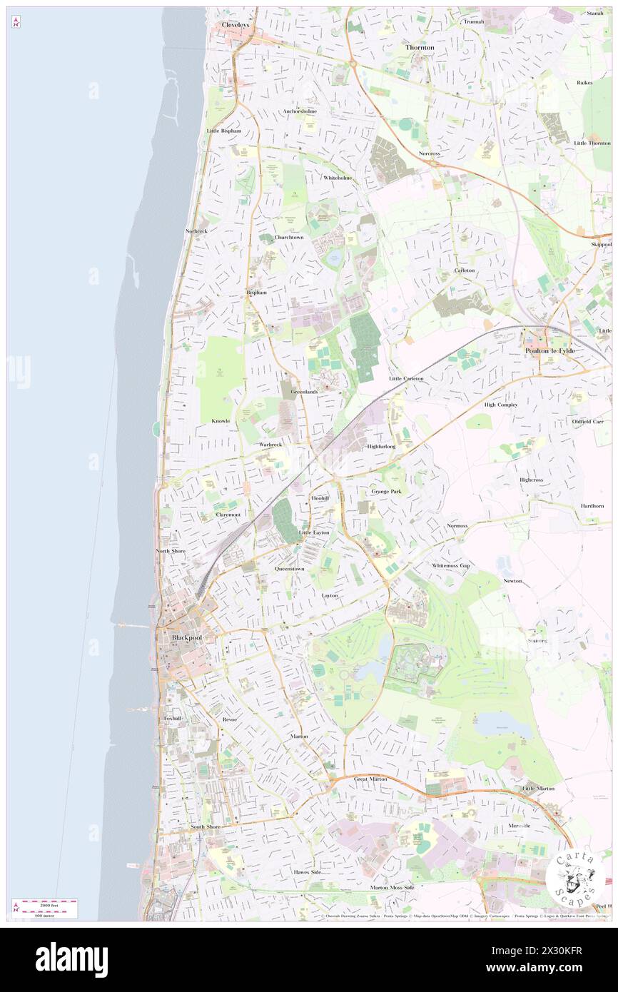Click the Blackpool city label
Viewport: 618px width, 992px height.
[x=188, y=637]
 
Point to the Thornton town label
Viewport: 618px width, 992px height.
[x=420, y=47]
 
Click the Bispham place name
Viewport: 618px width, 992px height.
[x=256, y=293]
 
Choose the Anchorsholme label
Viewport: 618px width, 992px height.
[x=300, y=111]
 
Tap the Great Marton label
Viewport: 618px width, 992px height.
[x=370, y=779]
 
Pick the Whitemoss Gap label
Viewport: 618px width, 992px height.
[x=451, y=565]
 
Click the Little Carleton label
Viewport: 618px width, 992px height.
[x=406, y=378]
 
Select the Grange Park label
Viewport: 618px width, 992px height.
[x=386, y=492]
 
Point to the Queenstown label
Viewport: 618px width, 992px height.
[x=290, y=569]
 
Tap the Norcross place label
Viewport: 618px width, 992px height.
[x=430, y=153]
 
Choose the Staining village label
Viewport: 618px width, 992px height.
[x=537, y=640]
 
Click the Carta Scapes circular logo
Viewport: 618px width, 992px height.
[x=574, y=878]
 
